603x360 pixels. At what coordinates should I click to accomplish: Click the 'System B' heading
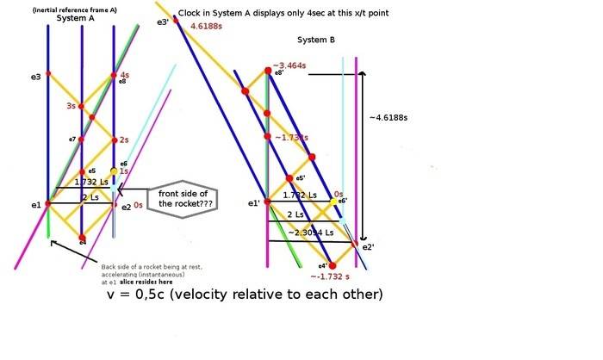[315, 40]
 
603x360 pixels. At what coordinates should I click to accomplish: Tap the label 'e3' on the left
[35, 78]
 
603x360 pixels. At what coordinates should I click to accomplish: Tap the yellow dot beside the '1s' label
[113, 171]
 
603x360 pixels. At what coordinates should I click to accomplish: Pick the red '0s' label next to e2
[138, 205]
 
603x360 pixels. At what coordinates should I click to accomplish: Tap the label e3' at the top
[163, 22]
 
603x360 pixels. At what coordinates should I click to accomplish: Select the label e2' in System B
[367, 247]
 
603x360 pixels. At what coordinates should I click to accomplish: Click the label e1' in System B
[253, 203]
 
